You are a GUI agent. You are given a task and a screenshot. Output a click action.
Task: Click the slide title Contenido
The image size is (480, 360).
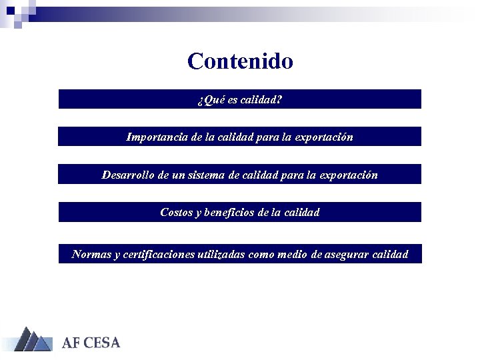240,61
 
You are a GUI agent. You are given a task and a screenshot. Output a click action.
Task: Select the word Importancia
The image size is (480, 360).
157,137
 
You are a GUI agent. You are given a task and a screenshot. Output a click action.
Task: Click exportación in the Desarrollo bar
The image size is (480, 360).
350,175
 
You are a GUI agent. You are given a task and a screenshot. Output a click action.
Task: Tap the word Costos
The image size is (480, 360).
176,213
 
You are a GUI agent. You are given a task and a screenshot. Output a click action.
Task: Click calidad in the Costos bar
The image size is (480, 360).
302,213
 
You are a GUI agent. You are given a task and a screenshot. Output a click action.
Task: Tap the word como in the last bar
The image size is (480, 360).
261,255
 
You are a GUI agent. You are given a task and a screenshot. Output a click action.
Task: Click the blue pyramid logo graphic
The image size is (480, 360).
33,339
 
